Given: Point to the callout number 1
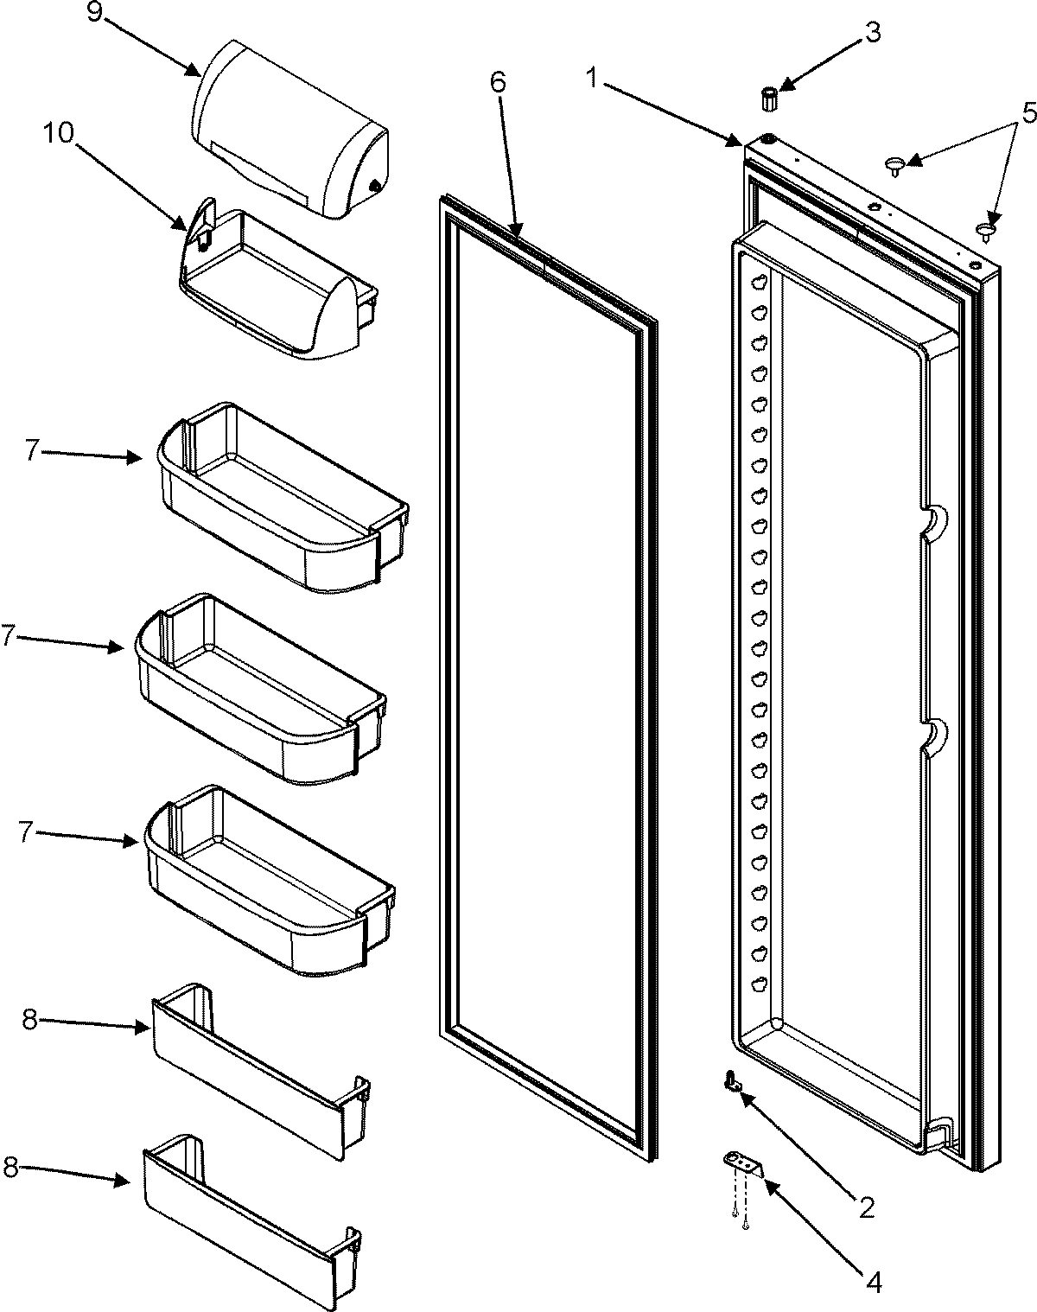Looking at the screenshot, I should (x=593, y=77).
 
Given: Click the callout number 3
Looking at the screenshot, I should (x=873, y=33).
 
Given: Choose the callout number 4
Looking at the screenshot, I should (x=874, y=1281).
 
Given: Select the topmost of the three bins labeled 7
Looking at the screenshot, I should (x=281, y=501).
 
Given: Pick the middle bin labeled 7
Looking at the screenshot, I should (x=259, y=691).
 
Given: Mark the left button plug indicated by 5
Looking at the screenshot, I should (x=894, y=164).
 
